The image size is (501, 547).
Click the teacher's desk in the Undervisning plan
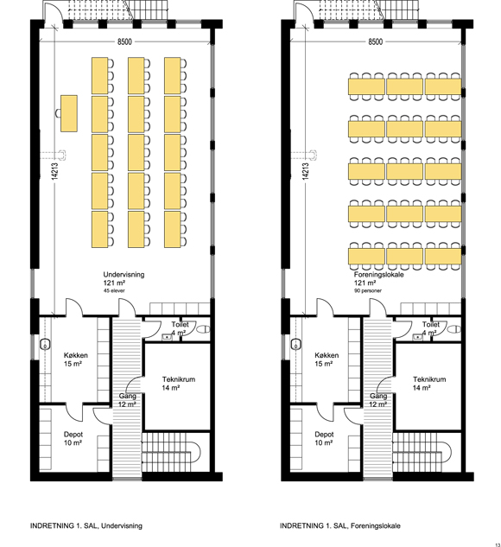69,113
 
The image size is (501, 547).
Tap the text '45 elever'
114,290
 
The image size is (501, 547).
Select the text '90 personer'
368,290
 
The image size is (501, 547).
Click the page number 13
497,544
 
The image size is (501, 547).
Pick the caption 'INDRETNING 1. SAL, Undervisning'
86,525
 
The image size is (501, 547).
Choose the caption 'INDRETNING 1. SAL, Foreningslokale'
340,525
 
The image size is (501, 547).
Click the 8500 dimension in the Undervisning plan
124,41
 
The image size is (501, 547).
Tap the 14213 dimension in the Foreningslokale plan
306,171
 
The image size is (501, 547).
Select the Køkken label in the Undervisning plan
76,355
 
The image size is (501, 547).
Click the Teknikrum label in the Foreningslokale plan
429,379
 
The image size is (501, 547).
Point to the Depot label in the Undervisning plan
73,435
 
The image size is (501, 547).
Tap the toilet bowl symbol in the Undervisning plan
204,329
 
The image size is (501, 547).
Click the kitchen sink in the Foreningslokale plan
296,345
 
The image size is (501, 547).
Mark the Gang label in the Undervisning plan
127,396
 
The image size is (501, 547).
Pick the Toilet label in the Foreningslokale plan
431,324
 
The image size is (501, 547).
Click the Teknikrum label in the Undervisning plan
179,379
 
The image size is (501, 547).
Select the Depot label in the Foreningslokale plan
324,435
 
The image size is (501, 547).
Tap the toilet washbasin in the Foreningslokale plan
418,337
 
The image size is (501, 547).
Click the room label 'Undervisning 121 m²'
124,278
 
